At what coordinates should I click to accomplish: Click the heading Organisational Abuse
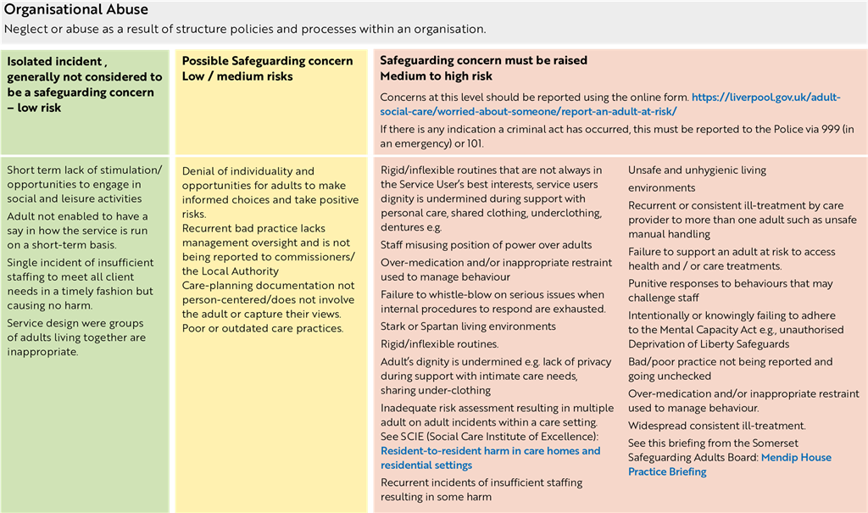click(x=76, y=10)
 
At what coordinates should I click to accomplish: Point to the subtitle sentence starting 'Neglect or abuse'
click(x=245, y=29)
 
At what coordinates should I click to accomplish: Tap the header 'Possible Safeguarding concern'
click(x=267, y=61)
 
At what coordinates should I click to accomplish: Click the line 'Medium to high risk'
click(x=436, y=76)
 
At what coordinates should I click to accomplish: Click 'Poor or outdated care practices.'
click(x=262, y=328)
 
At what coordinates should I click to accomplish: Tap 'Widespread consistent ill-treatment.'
click(x=716, y=426)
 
